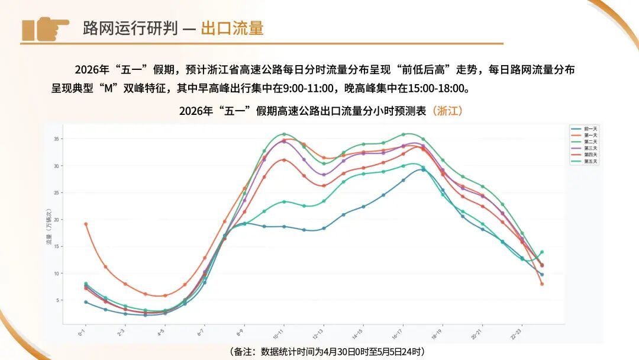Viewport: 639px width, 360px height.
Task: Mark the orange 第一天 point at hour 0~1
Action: (x=86, y=224)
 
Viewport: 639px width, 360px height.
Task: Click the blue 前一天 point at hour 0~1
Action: (x=86, y=302)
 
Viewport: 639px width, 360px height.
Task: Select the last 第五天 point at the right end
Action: (x=541, y=252)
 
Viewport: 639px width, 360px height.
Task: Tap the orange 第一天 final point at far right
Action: (x=541, y=284)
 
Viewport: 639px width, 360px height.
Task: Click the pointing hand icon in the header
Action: (x=45, y=28)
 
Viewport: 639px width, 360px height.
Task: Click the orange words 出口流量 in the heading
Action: (x=232, y=28)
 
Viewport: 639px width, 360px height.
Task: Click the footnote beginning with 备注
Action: (x=326, y=352)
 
